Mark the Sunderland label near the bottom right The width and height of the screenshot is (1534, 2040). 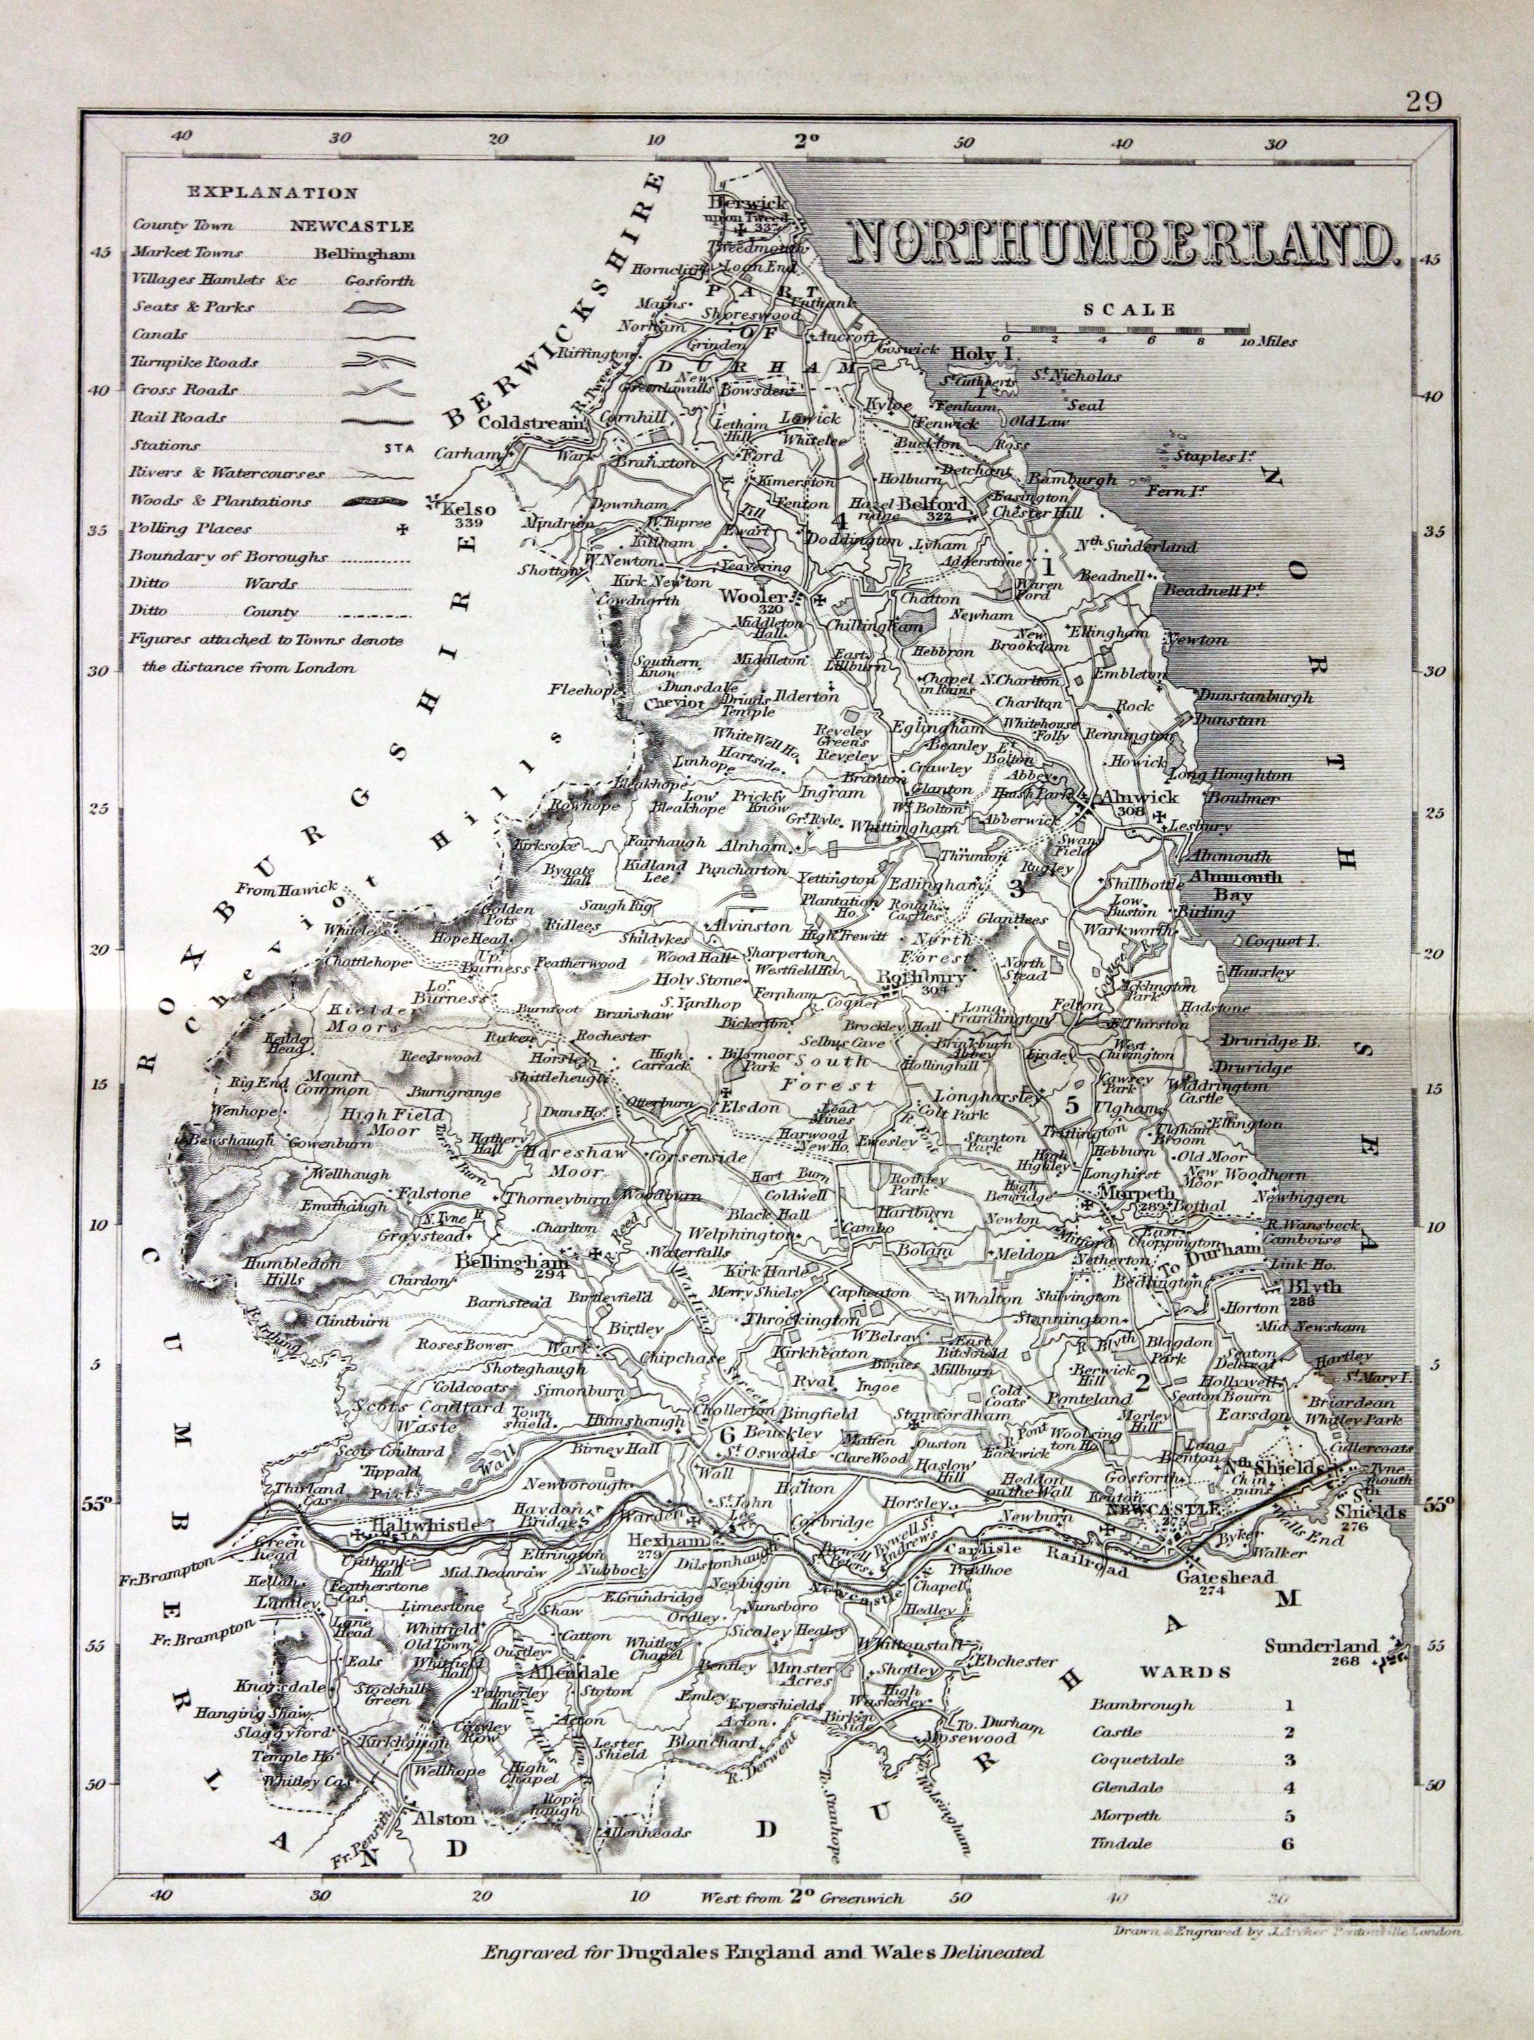(1321, 1646)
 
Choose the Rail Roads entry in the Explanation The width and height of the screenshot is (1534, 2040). (179, 417)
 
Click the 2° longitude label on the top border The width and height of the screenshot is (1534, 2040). (807, 141)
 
